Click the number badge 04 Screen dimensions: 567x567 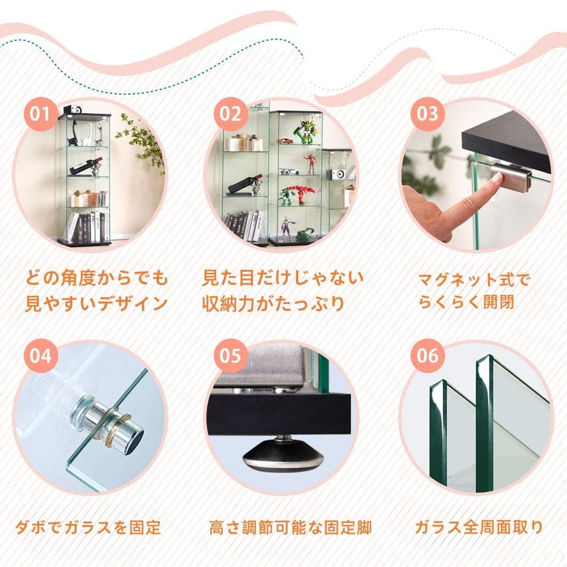40,356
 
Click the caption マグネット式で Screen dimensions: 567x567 473,280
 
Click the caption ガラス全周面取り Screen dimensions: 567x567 479,528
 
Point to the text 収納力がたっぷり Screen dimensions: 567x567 273,303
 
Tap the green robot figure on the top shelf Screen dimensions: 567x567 305,132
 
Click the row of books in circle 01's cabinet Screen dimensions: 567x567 85,226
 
